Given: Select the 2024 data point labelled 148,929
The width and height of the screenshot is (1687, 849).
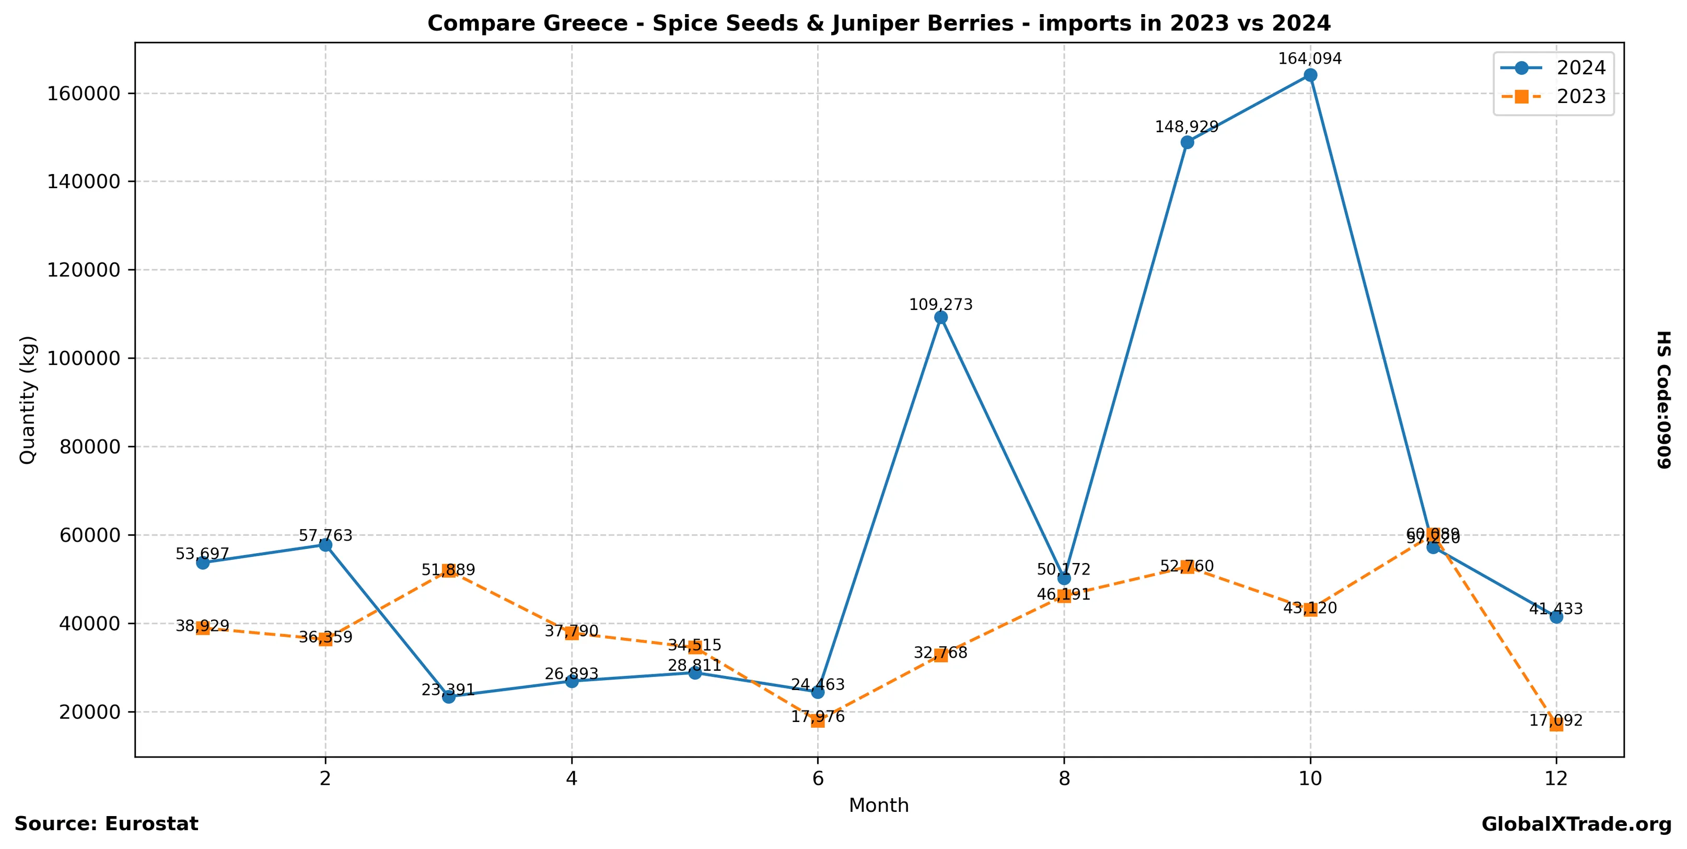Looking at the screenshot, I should click(1186, 142).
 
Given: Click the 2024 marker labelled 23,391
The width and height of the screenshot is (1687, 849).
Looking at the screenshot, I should click(449, 696).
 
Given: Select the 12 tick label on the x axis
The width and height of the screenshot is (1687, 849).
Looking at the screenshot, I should click(1556, 778).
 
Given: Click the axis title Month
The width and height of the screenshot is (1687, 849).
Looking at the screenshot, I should click(878, 805).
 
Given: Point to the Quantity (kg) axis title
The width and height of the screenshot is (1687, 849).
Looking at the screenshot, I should click(28, 399).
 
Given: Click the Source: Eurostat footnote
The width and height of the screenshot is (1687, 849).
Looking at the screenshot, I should click(106, 823).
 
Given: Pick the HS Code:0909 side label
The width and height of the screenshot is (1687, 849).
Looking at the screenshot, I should click(1663, 399).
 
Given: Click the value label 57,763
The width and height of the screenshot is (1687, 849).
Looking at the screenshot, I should click(325, 535).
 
